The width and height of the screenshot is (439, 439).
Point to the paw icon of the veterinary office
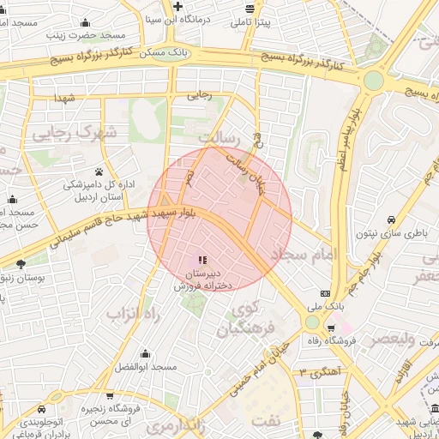click(99, 171)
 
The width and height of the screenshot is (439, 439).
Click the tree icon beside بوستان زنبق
click(21, 264)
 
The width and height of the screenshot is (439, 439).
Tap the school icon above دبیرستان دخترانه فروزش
click(201, 259)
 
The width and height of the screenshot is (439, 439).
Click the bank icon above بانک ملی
click(324, 292)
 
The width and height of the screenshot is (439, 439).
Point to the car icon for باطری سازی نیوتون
click(390, 219)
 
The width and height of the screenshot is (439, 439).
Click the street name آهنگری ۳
click(319, 372)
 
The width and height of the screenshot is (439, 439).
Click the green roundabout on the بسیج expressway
click(374, 81)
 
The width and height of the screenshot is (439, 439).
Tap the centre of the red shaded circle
click(219, 219)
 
